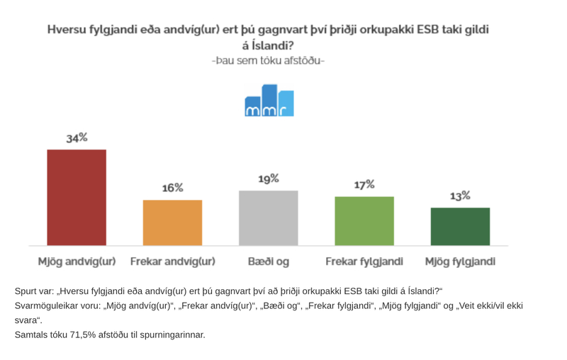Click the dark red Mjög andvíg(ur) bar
click(77, 197)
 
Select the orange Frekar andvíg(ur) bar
click(172, 223)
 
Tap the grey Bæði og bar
click(269, 218)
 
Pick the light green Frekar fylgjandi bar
click(364, 220)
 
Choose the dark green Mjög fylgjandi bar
click(460, 226)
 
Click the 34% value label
click(77, 138)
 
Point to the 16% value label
click(172, 188)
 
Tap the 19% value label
click(269, 179)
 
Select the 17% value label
click(364, 185)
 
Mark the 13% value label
click(460, 196)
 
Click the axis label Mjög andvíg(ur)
click(77, 261)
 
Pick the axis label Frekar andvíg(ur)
click(172, 261)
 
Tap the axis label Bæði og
click(269, 261)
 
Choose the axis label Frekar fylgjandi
click(364, 261)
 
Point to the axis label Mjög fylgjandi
click(460, 261)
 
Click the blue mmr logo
click(269, 101)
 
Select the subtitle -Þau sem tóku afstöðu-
click(269, 61)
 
